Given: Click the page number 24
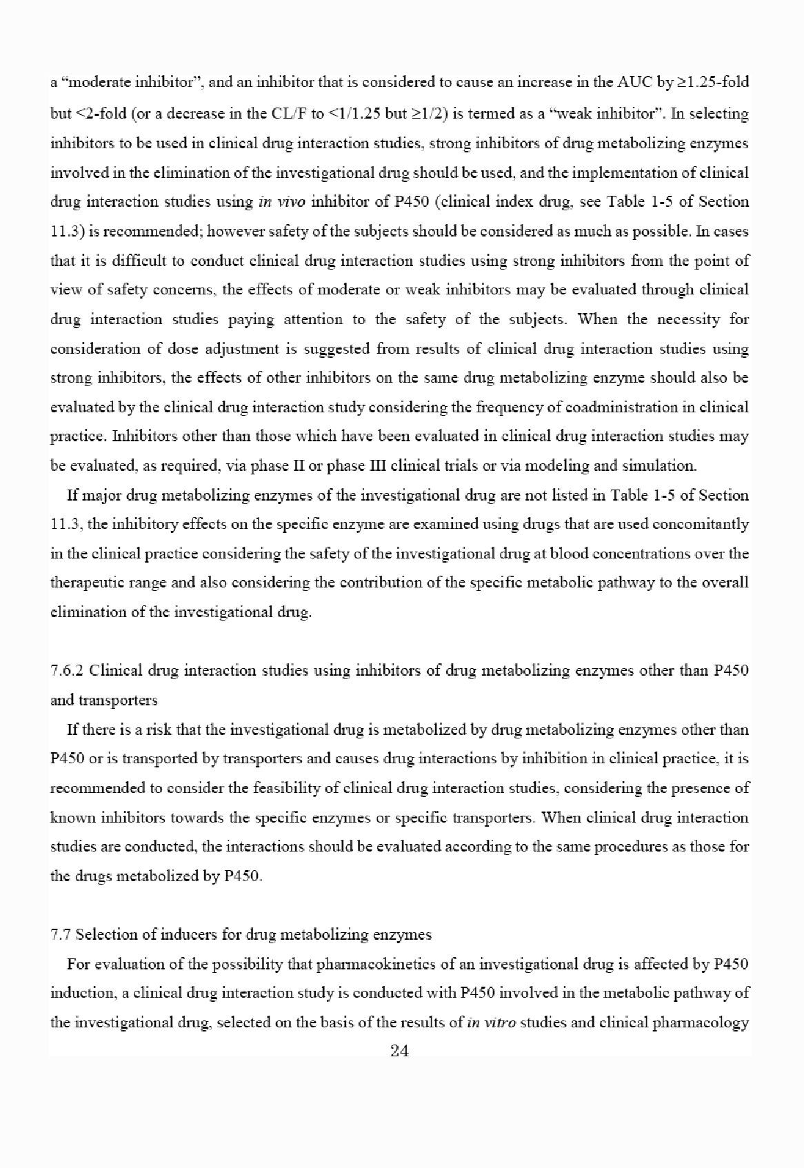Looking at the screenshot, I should [x=400, y=1051].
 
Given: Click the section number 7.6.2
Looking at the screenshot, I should [x=68, y=670].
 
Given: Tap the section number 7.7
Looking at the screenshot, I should [x=61, y=934].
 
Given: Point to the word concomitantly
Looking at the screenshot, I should [x=708, y=524].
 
